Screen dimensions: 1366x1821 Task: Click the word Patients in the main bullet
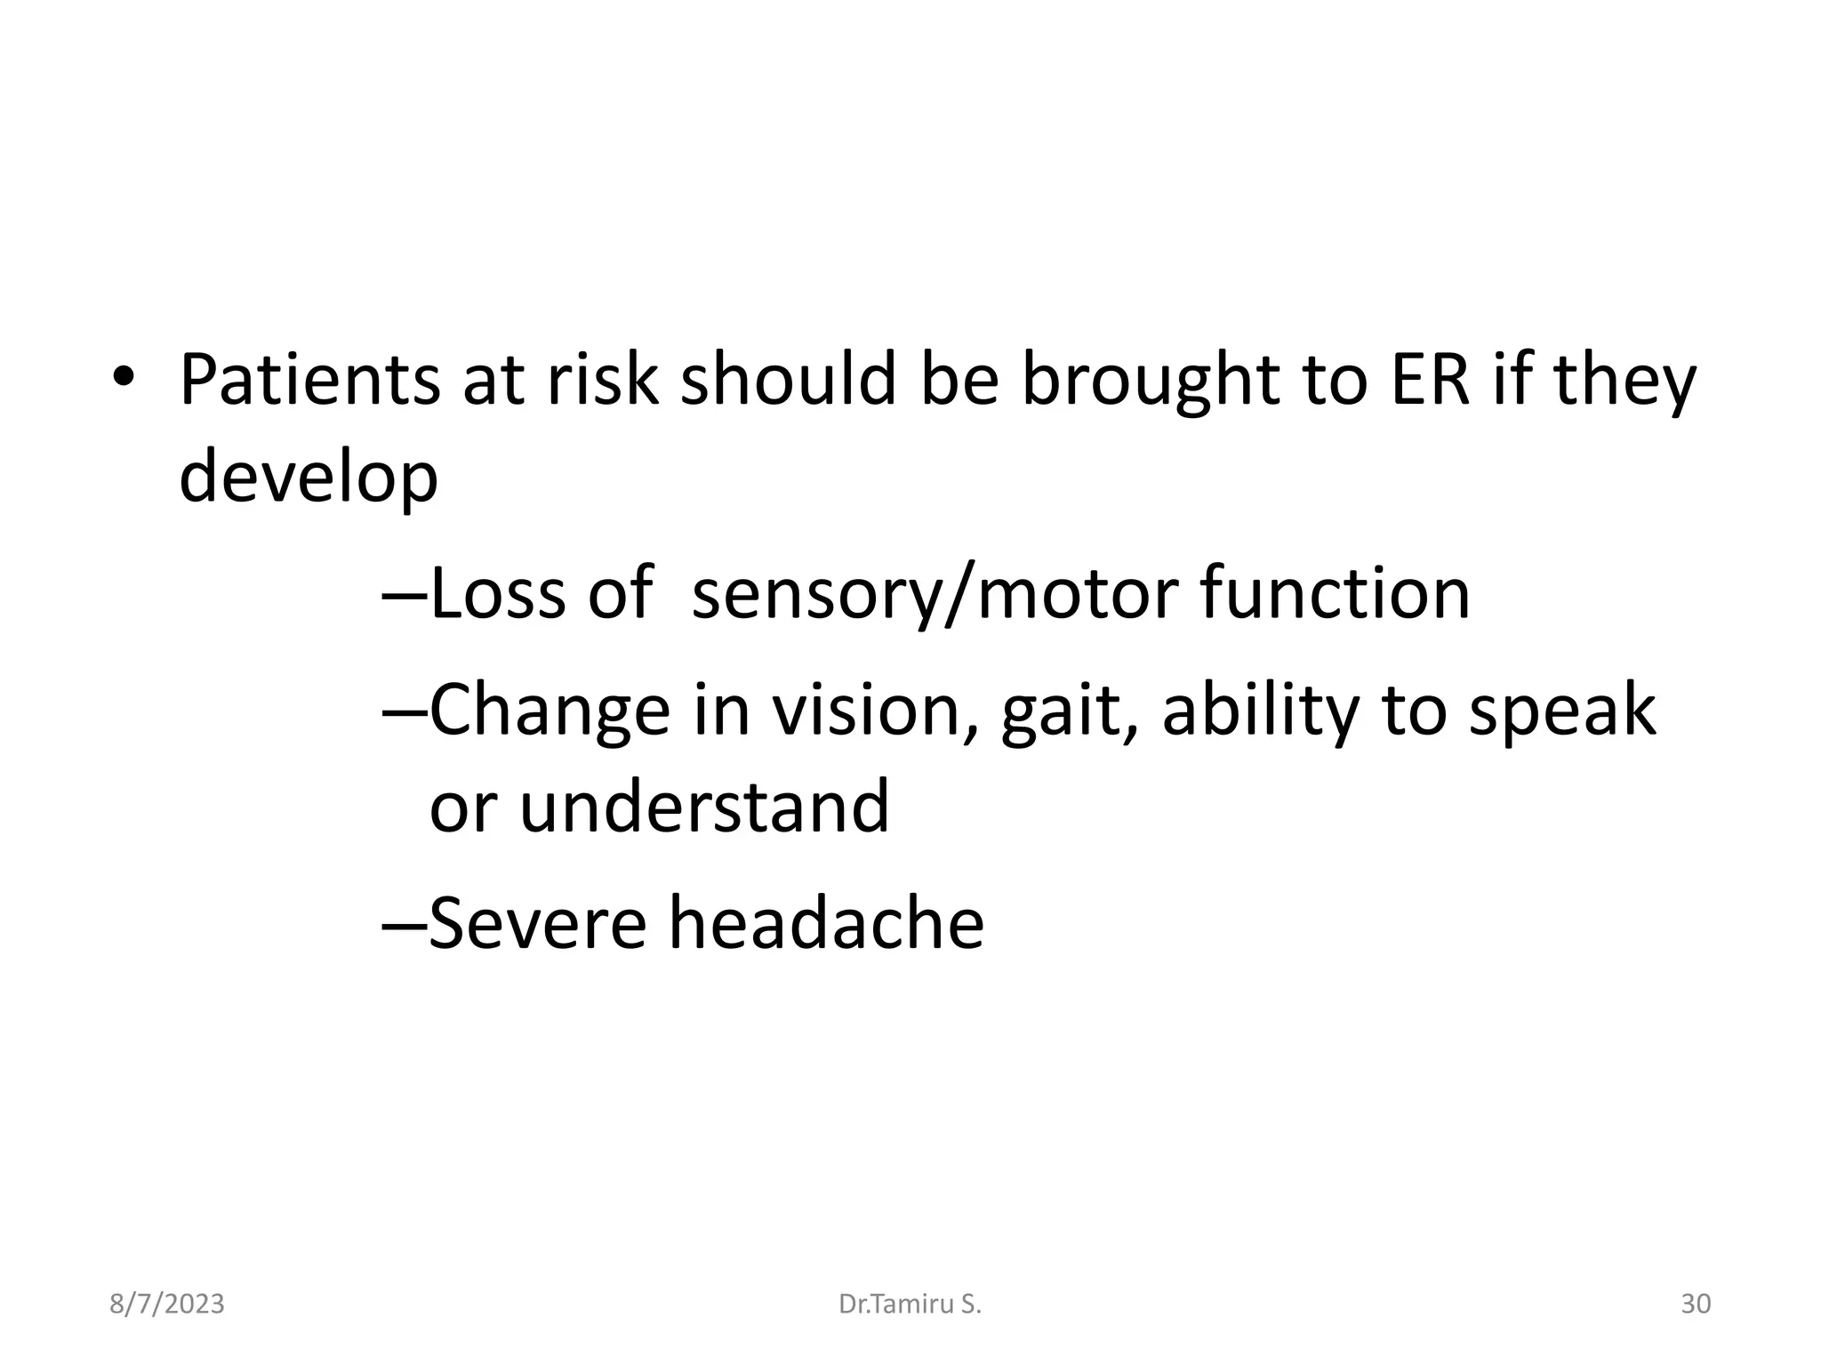(309, 381)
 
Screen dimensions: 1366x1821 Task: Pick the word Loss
(496, 594)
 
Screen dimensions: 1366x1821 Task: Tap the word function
(1336, 594)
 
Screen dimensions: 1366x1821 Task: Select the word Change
(550, 711)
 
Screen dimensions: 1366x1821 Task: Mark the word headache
(826, 923)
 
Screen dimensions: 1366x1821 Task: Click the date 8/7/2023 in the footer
(167, 1305)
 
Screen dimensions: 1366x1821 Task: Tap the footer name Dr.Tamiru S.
(910, 1305)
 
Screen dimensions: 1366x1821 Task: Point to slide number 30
(1696, 1305)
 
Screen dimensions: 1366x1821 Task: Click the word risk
(602, 381)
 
